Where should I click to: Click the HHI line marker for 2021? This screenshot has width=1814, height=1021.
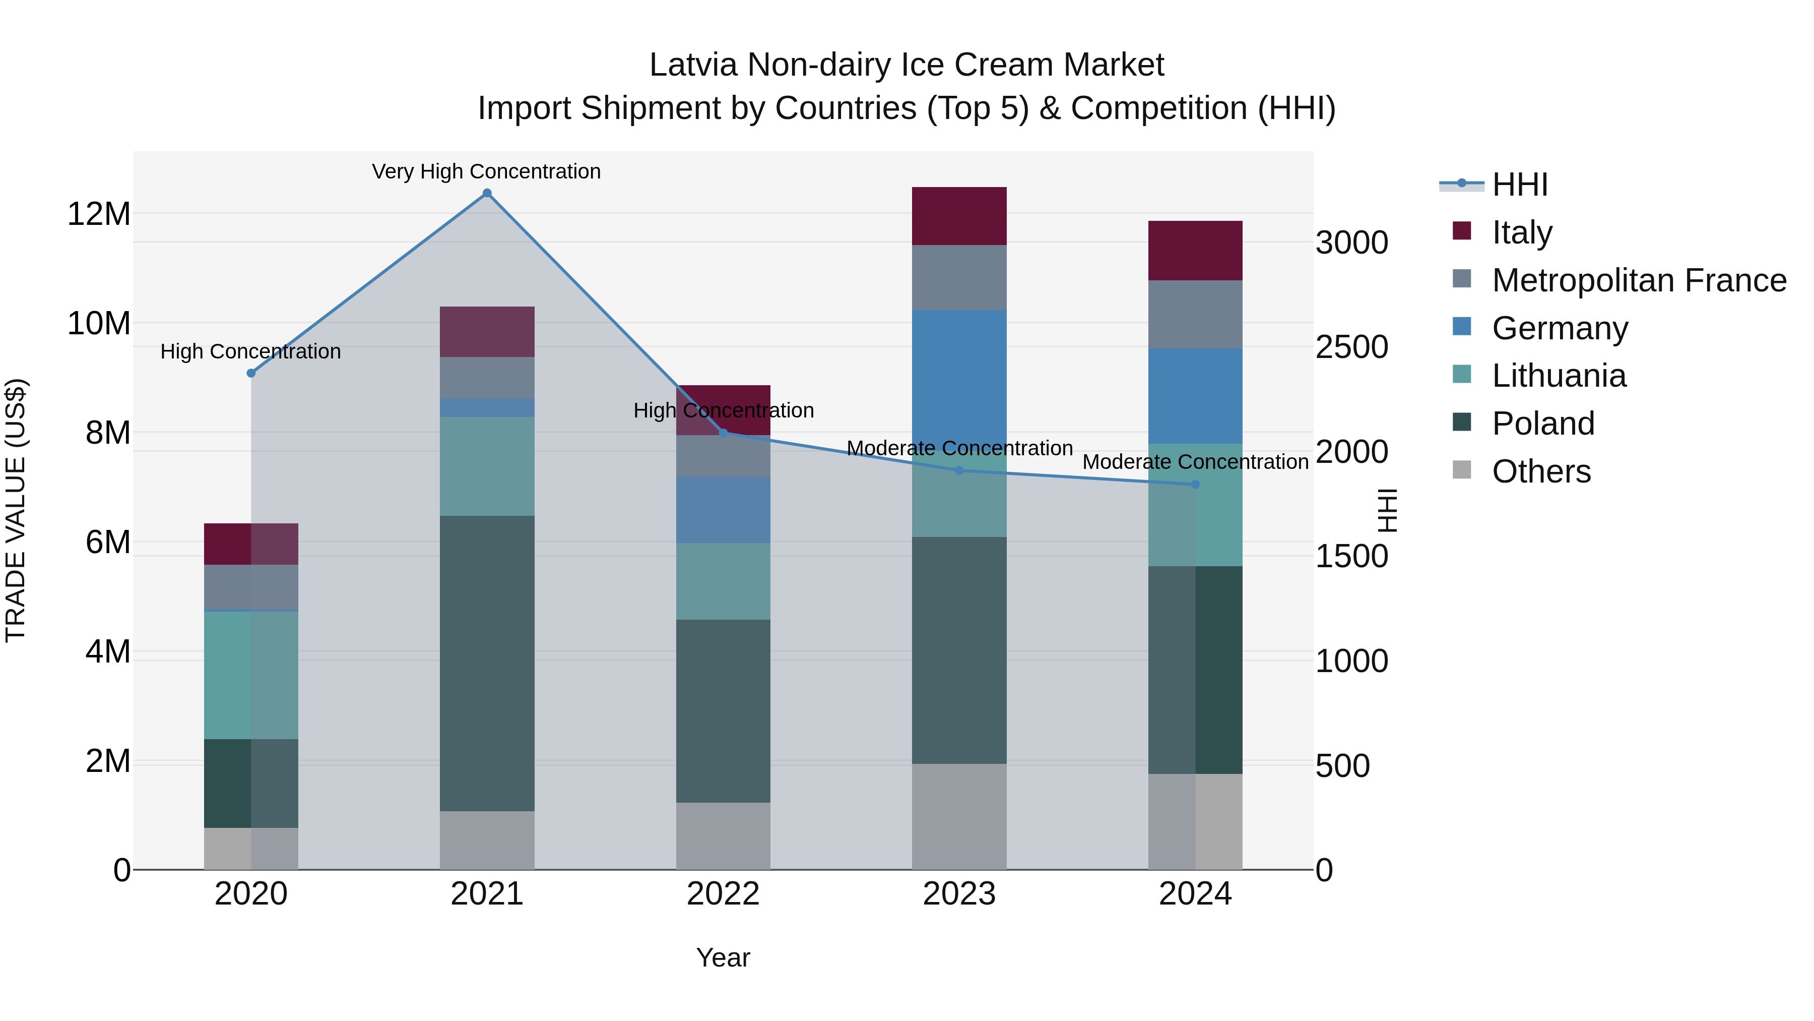click(x=487, y=193)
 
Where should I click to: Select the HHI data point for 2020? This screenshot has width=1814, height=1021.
click(x=251, y=373)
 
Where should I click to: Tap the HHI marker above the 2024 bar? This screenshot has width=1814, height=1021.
click(x=1195, y=484)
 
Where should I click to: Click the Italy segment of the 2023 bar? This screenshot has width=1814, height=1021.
click(x=959, y=216)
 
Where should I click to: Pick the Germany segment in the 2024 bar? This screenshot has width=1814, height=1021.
click(x=1195, y=395)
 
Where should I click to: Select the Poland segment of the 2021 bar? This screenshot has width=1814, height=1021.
click(x=487, y=663)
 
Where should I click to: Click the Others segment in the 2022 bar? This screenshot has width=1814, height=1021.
click(x=723, y=835)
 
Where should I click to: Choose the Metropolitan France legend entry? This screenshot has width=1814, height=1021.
click(x=1639, y=280)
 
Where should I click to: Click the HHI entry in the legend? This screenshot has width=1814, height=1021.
click(x=1520, y=185)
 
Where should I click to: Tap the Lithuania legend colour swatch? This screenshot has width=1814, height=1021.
click(x=1462, y=374)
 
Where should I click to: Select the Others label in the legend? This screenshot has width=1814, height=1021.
click(x=1541, y=471)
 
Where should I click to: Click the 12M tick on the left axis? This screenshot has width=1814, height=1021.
click(x=99, y=213)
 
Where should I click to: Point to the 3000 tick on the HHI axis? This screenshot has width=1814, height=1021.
click(x=1351, y=243)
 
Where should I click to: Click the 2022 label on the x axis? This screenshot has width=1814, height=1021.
click(x=723, y=894)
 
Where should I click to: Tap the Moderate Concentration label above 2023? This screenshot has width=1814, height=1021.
click(x=959, y=448)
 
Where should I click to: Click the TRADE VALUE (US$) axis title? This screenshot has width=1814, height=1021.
click(x=16, y=510)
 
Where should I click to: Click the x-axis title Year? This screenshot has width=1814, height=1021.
click(x=723, y=957)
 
